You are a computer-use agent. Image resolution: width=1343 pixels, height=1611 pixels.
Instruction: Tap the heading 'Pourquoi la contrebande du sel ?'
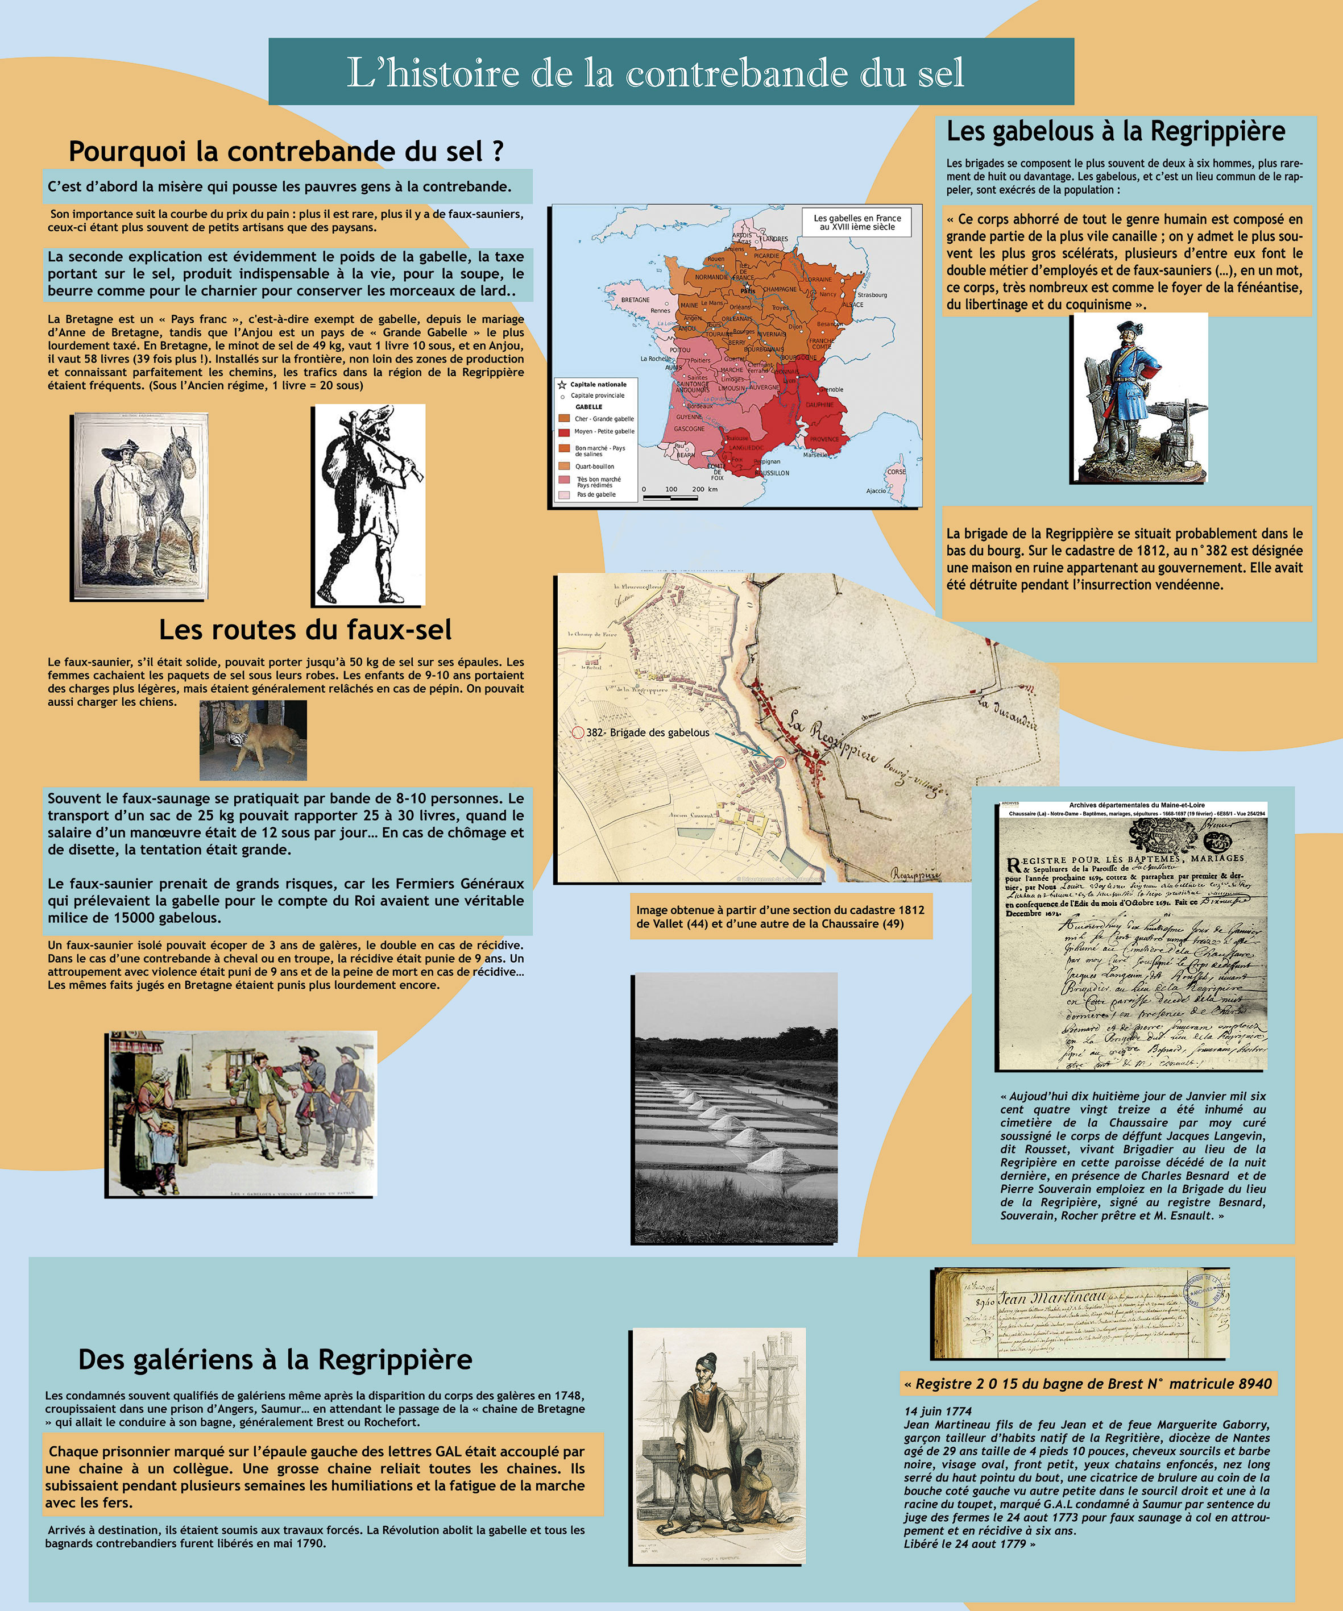coord(285,151)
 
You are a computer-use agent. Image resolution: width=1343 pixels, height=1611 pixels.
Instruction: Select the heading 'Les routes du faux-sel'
coord(305,630)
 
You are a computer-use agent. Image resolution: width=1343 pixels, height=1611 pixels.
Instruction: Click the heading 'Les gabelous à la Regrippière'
coord(1115,131)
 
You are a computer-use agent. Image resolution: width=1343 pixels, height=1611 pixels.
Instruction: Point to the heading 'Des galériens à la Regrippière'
coord(275,1359)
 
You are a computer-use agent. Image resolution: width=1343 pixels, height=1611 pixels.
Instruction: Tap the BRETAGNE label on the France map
coord(636,300)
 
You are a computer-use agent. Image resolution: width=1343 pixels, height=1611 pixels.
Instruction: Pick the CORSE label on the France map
coord(896,472)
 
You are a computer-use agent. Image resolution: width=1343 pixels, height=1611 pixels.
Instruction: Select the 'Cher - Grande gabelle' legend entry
coord(603,419)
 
